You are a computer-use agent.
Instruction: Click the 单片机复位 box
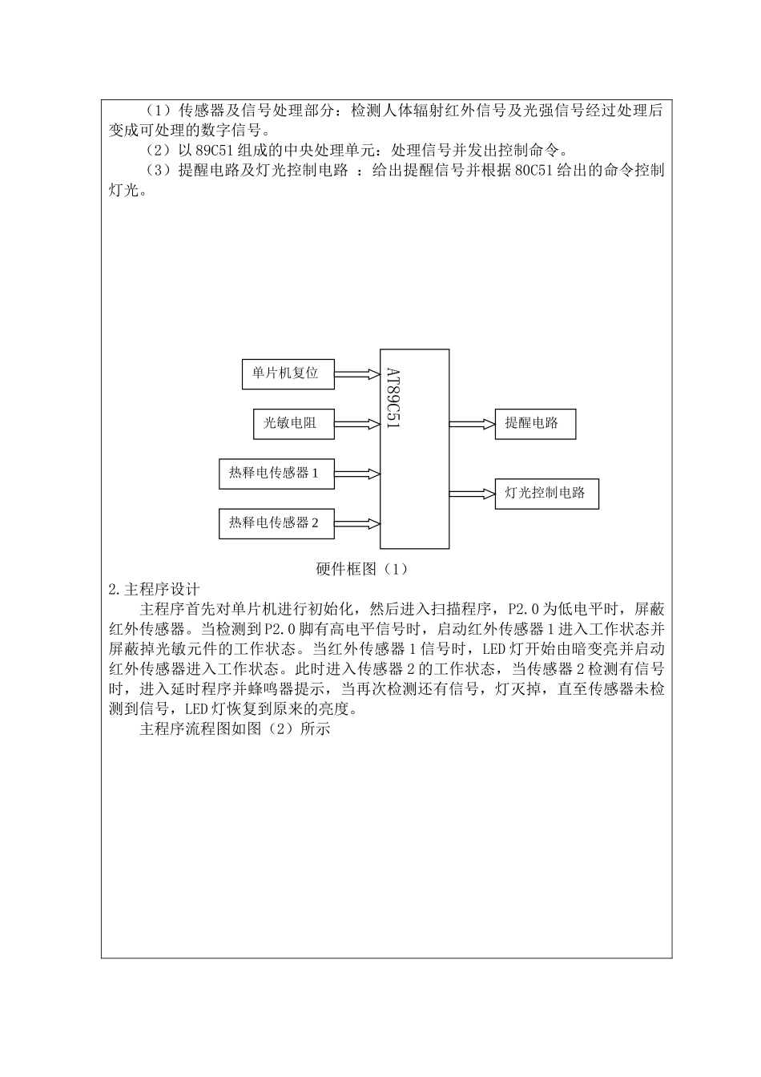pyautogui.click(x=288, y=374)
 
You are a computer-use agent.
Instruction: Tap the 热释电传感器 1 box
pyautogui.click(x=276, y=474)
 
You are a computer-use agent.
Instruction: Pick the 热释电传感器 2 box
pyautogui.click(x=276, y=523)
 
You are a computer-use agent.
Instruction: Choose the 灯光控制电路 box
pyautogui.click(x=546, y=494)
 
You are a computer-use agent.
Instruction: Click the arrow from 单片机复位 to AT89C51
pyautogui.click(x=356, y=374)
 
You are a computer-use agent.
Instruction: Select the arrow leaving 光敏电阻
pyautogui.click(x=356, y=424)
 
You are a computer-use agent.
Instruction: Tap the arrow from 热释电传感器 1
pyautogui.click(x=356, y=474)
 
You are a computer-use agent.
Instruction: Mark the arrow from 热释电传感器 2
pyautogui.click(x=356, y=523)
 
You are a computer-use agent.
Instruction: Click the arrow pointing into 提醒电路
pyautogui.click(x=472, y=423)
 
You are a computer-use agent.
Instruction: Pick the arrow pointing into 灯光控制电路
pyautogui.click(x=472, y=494)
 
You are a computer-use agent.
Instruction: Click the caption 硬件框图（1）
pyautogui.click(x=363, y=569)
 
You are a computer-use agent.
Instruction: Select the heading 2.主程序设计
pyautogui.click(x=154, y=589)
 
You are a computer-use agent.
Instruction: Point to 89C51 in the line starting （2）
pyautogui.click(x=215, y=150)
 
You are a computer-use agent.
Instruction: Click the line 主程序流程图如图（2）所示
pyautogui.click(x=235, y=729)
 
